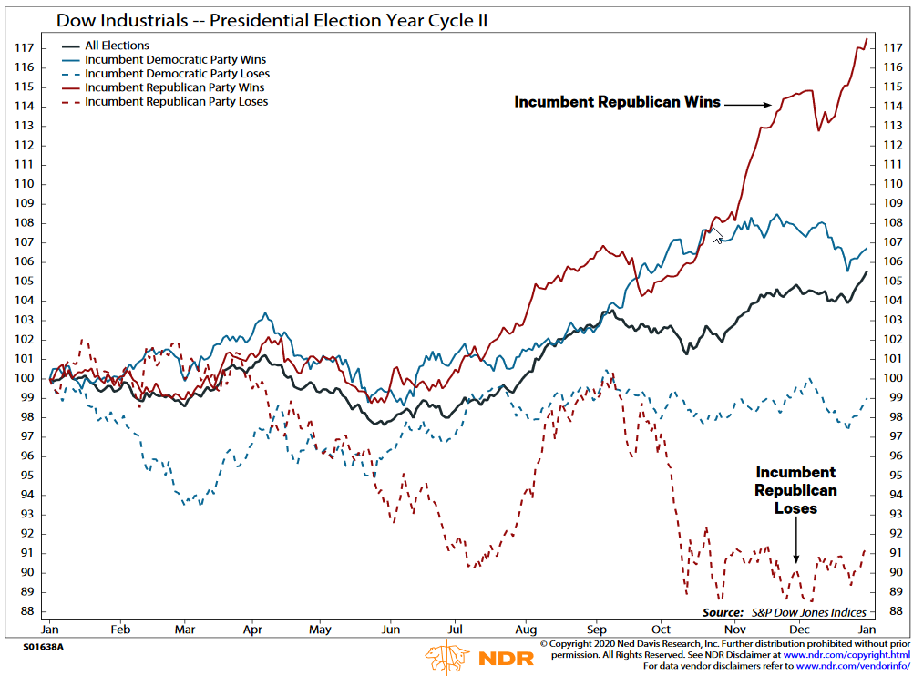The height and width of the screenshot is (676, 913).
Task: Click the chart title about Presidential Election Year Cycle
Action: (272, 19)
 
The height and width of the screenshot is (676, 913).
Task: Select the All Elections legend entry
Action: (117, 46)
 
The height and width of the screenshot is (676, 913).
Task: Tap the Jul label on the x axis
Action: (456, 629)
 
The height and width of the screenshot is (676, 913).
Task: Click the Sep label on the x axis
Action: (596, 629)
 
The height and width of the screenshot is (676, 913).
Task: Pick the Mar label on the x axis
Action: (185, 629)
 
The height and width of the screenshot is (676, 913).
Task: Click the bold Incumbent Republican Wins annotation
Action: (617, 102)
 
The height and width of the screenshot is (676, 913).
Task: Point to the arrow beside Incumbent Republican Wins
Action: (748, 104)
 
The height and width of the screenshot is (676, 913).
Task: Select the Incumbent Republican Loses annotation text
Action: (795, 490)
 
